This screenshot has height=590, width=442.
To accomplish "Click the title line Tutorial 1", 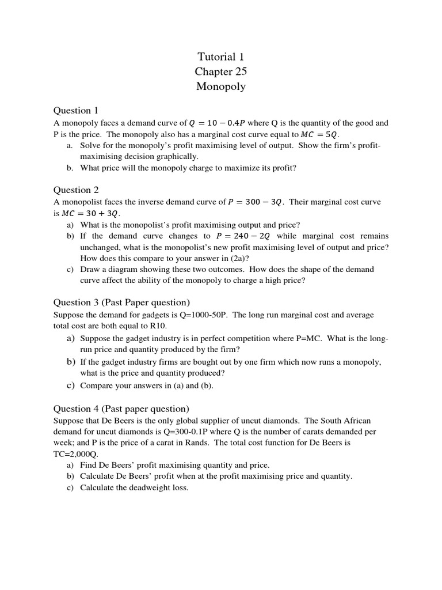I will (x=221, y=56).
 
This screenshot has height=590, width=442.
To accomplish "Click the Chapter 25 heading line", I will (x=221, y=71).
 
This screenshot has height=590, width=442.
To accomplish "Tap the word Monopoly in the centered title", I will (x=221, y=86).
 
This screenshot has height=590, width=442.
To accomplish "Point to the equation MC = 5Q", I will (x=320, y=134).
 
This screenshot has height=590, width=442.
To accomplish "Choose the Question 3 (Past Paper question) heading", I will (x=121, y=302).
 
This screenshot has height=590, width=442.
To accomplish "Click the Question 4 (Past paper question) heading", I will (x=121, y=409).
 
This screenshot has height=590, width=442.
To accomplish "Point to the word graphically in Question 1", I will (x=178, y=156).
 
